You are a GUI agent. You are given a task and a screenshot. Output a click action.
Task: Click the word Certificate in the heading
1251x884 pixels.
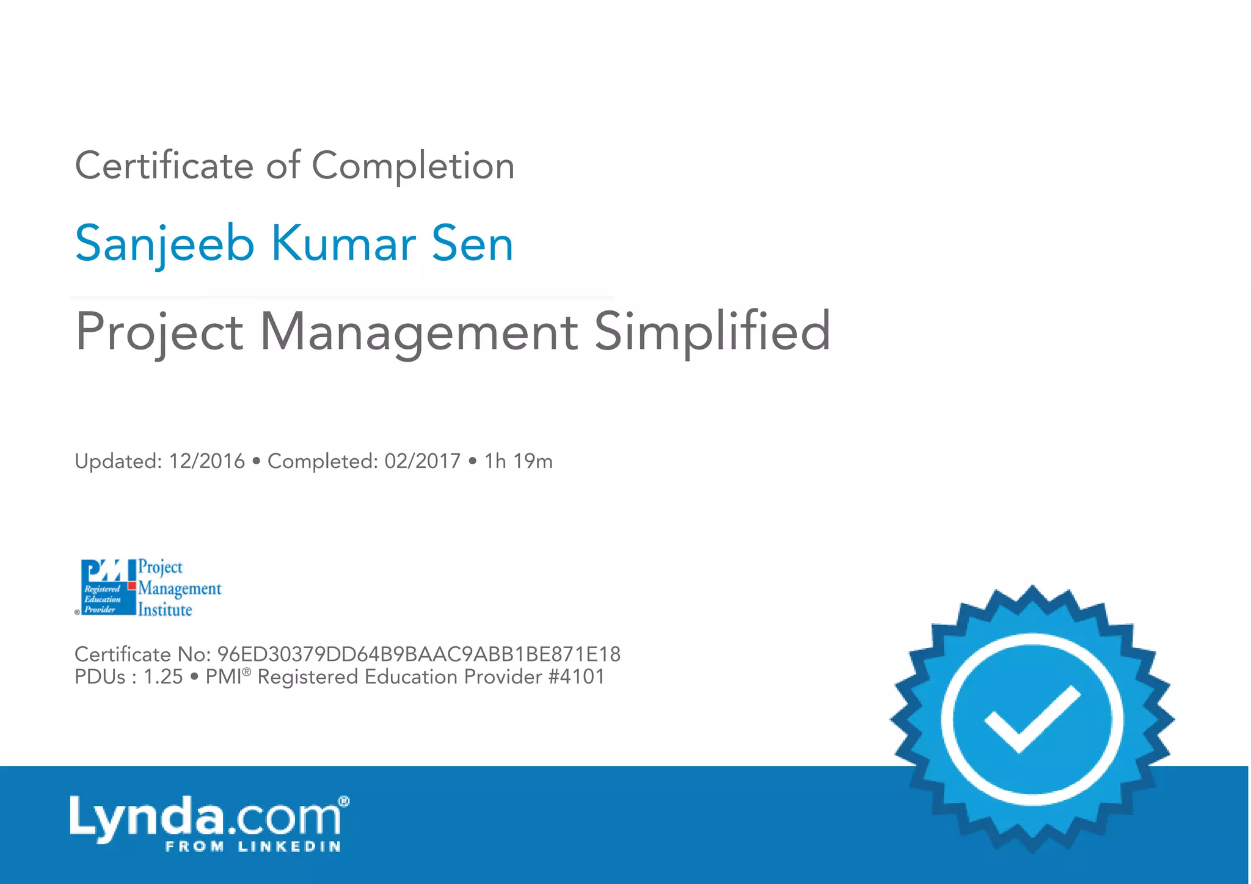click(164, 166)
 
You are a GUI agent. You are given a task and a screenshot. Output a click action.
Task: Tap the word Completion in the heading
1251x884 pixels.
click(413, 166)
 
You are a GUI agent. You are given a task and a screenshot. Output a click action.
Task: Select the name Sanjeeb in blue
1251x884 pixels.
click(164, 243)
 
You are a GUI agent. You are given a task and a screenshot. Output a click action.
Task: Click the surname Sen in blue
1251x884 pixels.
click(472, 243)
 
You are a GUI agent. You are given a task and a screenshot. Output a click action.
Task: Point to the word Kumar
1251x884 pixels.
click(343, 243)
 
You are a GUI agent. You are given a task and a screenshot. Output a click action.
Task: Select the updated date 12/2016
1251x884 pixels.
click(206, 461)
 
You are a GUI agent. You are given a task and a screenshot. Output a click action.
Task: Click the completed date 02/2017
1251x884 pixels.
click(422, 461)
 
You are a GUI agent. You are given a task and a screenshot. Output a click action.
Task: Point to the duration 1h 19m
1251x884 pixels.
click(518, 461)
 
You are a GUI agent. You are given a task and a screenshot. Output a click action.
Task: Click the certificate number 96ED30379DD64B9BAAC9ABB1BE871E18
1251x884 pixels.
click(418, 654)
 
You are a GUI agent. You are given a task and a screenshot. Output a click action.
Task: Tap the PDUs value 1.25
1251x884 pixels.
click(162, 677)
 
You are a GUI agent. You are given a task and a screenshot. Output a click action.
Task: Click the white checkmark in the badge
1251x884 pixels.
click(1032, 719)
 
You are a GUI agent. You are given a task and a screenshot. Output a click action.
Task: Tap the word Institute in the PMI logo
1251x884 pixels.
click(165, 610)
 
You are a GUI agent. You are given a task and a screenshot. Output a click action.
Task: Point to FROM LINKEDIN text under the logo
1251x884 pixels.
click(253, 847)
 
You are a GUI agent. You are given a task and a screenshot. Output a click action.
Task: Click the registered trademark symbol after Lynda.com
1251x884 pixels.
click(344, 801)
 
